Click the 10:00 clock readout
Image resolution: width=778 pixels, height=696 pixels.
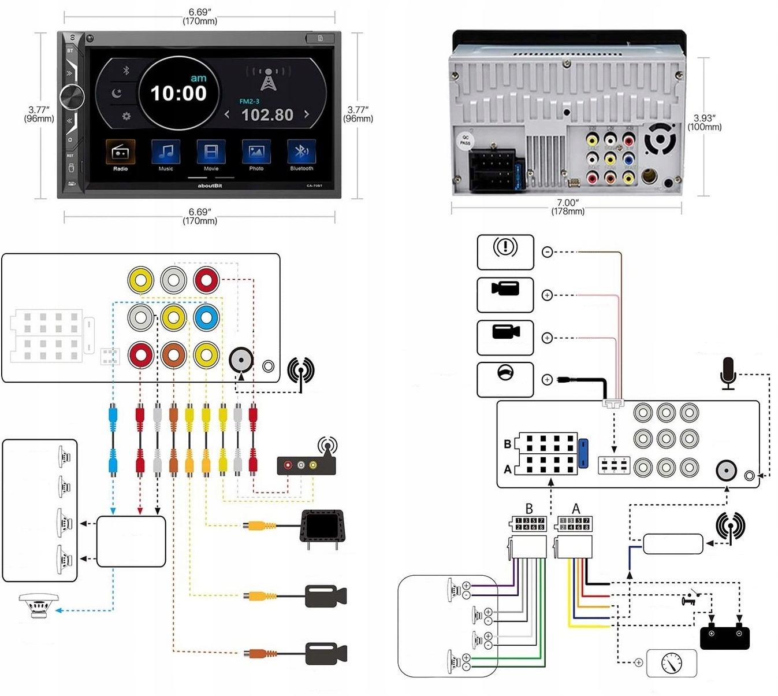pos(178,94)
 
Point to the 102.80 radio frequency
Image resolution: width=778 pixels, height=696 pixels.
pos(267,115)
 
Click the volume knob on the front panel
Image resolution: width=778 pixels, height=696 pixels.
pos(71,97)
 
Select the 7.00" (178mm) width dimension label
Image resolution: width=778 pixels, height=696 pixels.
pos(567,207)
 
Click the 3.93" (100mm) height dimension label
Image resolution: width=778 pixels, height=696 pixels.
pos(704,123)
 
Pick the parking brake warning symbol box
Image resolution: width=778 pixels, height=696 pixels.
pos(505,251)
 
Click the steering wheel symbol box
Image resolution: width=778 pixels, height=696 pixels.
pos(505,380)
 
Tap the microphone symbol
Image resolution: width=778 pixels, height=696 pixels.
pos(728,373)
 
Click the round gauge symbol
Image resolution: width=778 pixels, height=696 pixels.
pos(671,662)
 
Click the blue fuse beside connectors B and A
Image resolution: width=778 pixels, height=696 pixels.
pos(583,454)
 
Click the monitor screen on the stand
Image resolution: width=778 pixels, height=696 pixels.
pos(322,525)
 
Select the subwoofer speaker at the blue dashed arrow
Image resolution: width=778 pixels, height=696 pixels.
pos(38,605)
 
